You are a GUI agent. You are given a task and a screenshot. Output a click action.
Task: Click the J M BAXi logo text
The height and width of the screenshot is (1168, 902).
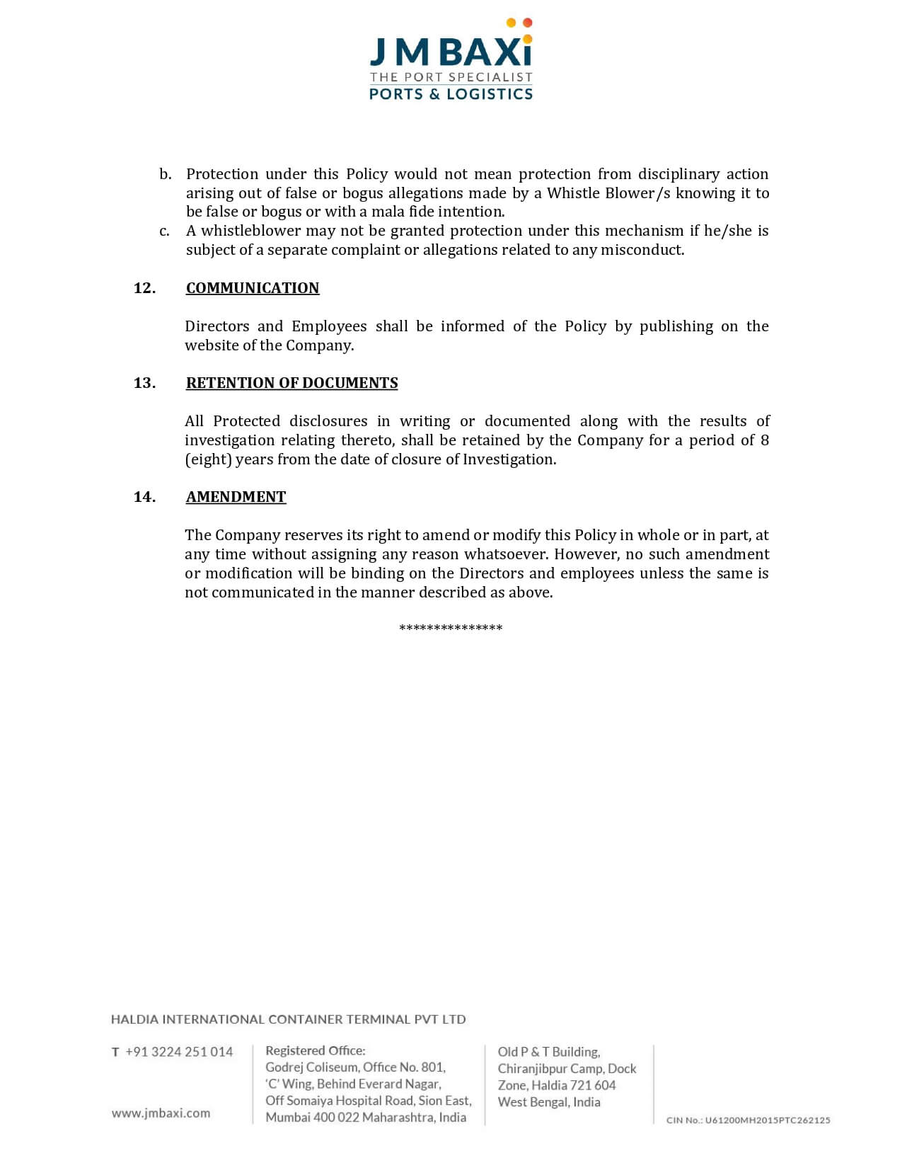451,52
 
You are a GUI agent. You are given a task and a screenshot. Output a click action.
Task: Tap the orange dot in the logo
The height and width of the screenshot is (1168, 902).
527,23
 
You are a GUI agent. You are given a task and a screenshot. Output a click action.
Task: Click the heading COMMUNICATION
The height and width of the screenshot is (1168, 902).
253,288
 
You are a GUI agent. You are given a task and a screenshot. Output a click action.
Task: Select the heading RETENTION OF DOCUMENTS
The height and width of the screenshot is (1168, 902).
291,383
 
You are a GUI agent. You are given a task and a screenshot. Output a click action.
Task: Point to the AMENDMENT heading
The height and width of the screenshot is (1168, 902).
236,497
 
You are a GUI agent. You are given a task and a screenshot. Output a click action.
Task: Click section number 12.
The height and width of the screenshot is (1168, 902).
144,288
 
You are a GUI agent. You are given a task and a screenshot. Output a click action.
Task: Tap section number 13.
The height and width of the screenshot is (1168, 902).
144,383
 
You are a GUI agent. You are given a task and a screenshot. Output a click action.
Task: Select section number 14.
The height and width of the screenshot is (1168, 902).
144,497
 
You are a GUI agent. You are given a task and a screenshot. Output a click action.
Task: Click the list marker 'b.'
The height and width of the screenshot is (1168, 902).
165,174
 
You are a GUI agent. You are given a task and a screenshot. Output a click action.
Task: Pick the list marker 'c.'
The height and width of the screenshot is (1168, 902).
164,231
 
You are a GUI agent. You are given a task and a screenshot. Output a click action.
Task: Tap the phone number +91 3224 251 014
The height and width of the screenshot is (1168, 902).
179,1052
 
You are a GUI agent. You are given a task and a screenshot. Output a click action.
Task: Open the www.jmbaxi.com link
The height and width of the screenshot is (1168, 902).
161,1113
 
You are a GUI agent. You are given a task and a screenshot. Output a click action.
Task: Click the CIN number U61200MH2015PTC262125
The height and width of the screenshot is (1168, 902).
748,1120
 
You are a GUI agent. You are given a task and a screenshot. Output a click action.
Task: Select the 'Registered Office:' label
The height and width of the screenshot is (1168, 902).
316,1050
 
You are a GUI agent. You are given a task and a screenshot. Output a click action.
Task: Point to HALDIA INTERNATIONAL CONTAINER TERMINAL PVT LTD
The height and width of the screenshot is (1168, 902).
289,1019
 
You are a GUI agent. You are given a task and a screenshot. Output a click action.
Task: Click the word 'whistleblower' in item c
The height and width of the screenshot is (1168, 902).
241,231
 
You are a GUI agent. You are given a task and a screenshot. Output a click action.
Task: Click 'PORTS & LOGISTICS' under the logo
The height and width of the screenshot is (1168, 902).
451,94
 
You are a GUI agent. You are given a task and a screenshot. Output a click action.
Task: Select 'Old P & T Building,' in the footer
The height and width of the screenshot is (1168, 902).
549,1052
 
